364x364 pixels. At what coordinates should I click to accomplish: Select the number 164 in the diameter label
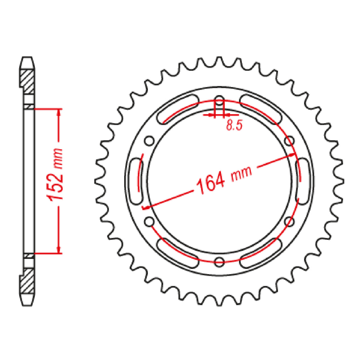[x=210, y=183]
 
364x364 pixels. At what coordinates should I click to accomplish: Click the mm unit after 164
[x=241, y=174]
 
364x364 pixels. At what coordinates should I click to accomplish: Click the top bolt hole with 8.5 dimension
[x=219, y=102]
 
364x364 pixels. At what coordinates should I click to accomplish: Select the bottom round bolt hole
[x=219, y=261]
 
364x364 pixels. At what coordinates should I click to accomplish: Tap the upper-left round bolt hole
[x=149, y=141]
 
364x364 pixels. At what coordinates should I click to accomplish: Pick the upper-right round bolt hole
[x=289, y=141]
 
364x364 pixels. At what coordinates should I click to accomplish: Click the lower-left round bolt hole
[x=149, y=222]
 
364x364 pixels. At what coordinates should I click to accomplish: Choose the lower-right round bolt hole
[x=289, y=222]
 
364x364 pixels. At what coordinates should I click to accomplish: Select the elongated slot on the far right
[x=302, y=181]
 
